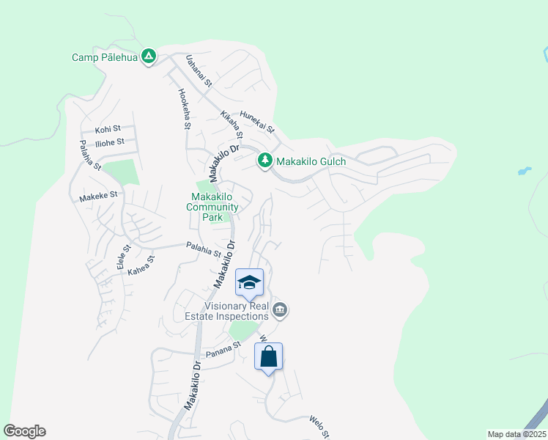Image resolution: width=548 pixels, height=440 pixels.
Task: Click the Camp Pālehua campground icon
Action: (148, 56)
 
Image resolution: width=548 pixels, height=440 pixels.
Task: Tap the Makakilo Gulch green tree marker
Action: (264, 159)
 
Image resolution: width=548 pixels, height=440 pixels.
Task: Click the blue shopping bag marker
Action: (268, 357)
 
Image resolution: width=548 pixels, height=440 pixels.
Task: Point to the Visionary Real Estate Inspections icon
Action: (279, 311)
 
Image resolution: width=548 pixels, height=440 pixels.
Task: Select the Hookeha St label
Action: (183, 109)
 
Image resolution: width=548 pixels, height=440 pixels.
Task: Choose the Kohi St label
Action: (107, 129)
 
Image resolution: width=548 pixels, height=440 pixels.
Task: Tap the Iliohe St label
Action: (110, 142)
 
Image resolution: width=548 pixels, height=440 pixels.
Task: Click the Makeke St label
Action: (98, 197)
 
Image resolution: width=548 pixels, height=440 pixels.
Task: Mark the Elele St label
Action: (122, 257)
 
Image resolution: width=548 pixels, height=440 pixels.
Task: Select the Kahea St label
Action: (141, 265)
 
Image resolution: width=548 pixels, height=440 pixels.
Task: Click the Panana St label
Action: (223, 347)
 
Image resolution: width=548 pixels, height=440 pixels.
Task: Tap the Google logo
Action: (25, 431)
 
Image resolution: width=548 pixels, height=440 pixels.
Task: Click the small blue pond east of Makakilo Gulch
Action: (523, 172)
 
